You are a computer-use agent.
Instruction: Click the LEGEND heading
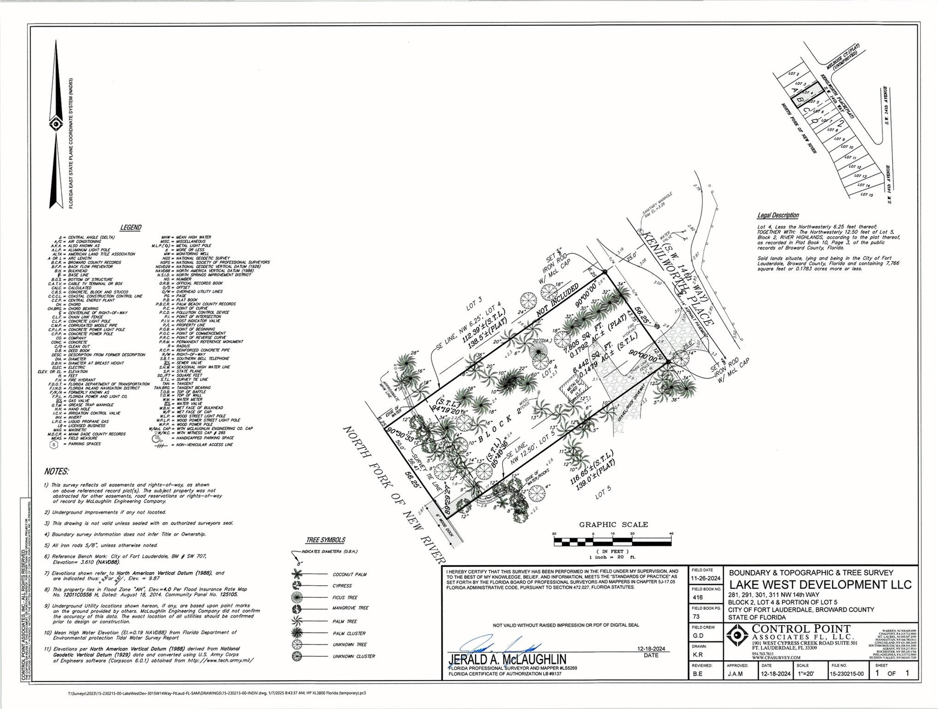[x=131, y=228]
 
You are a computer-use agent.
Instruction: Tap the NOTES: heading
[x=56, y=471]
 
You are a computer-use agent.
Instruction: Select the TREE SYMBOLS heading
[x=325, y=540]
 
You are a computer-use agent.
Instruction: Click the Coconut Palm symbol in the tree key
[x=297, y=574]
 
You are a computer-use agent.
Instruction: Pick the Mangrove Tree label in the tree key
[x=350, y=608]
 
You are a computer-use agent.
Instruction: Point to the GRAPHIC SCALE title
[x=613, y=524]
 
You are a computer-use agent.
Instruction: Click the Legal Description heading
[x=778, y=216]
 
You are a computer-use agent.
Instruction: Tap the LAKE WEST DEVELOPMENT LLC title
[x=820, y=584]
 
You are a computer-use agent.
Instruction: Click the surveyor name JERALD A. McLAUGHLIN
[x=507, y=659]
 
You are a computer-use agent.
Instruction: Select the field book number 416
[x=697, y=597]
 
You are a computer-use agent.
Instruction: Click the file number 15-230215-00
[x=847, y=674]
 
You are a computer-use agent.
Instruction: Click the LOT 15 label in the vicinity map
[x=867, y=194]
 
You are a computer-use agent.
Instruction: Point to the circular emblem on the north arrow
[x=56, y=124]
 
